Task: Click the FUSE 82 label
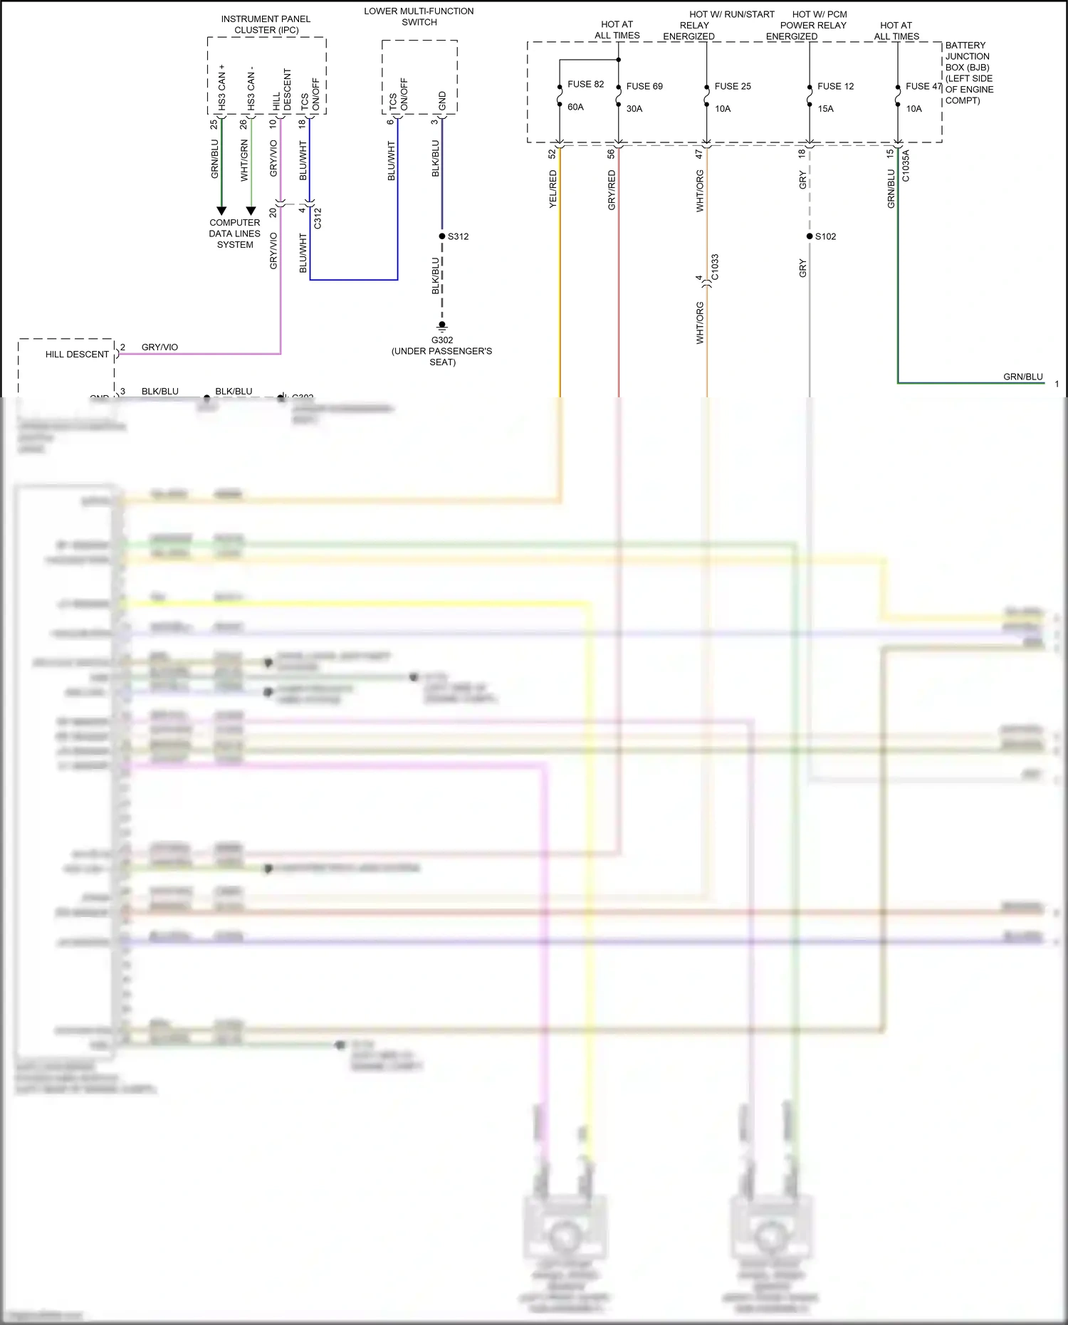click(x=585, y=84)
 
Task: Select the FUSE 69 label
click(x=644, y=86)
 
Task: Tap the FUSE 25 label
click(x=733, y=86)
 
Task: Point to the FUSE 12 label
click(x=835, y=86)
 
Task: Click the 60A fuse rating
click(x=575, y=107)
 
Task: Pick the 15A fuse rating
click(x=825, y=109)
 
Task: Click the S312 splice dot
click(x=442, y=236)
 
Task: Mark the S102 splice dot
click(x=810, y=236)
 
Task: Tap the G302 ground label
click(x=441, y=340)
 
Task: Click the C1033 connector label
click(x=715, y=267)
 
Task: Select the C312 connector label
click(x=318, y=218)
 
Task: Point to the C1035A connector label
click(x=906, y=166)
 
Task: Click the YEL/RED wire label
click(x=553, y=189)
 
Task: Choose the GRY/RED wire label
click(x=612, y=190)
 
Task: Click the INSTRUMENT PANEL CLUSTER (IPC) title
click(x=266, y=24)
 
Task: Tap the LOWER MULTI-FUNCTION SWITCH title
click(x=419, y=16)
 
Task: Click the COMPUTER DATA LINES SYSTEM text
click(x=235, y=234)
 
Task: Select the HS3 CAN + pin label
click(x=221, y=87)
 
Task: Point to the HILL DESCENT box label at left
click(x=77, y=355)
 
